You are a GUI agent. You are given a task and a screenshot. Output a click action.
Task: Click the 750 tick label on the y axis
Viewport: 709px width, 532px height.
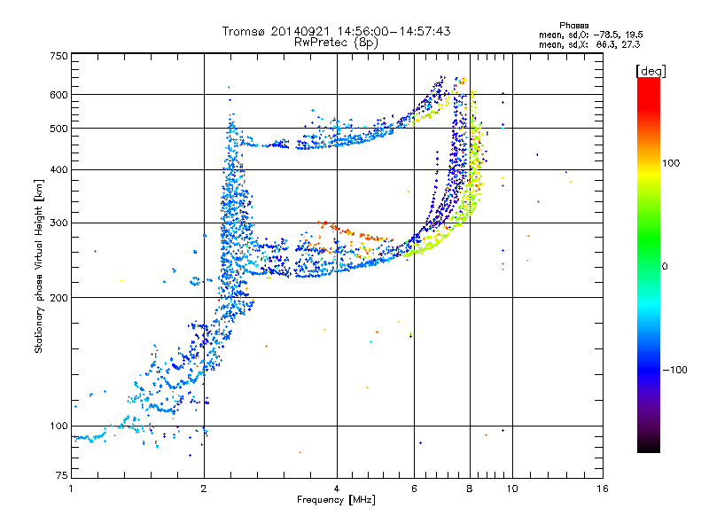coord(59,56)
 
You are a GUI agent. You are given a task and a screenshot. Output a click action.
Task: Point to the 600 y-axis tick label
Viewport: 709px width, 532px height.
coord(59,94)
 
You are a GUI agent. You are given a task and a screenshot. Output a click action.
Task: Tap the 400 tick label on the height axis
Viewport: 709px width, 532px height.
coord(59,169)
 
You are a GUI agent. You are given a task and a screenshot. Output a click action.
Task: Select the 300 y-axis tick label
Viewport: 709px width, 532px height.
coord(59,223)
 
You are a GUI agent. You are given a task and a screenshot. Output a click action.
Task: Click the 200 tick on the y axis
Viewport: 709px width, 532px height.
coord(59,297)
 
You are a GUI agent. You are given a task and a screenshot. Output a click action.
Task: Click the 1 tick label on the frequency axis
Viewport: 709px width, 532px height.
coord(71,489)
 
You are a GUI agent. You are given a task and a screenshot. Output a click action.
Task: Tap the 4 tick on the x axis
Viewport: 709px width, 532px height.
coord(337,489)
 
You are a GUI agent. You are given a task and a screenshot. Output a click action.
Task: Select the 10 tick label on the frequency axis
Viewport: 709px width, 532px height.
coord(511,489)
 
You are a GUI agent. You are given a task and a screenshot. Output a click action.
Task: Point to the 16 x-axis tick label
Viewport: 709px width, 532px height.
coord(602,489)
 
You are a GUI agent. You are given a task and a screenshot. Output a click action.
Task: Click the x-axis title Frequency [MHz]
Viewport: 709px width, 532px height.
coord(337,501)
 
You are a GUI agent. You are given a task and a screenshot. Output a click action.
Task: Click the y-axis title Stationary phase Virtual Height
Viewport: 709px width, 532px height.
coord(39,266)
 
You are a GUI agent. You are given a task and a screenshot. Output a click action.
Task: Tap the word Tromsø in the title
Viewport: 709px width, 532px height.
coord(241,31)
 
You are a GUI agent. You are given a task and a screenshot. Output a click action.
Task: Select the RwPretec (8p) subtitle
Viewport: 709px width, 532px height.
coord(337,42)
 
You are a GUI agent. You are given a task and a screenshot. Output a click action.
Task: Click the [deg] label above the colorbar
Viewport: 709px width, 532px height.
coord(651,70)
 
